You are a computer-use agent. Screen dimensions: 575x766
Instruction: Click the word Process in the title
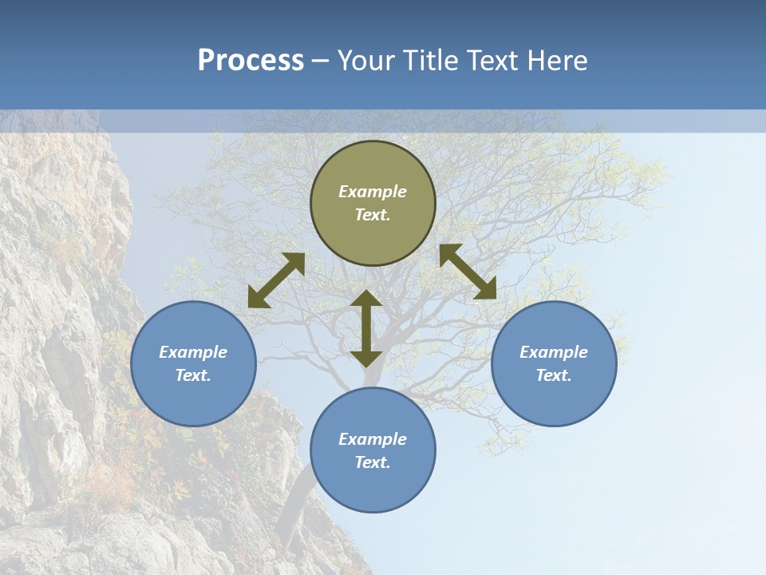pos(251,61)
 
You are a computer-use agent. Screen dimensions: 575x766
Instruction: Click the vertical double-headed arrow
pos(366,328)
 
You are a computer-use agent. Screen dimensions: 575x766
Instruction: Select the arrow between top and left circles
pos(276,280)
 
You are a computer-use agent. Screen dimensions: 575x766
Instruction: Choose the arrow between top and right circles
pos(468,272)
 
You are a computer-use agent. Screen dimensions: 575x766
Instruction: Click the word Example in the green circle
pos(373,192)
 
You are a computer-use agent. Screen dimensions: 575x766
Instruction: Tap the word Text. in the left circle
pos(193,375)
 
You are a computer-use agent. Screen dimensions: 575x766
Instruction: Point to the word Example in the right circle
pos(554,352)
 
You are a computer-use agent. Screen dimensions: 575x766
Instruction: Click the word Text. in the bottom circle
pos(373,462)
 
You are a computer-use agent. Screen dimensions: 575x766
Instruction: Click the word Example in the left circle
pos(193,352)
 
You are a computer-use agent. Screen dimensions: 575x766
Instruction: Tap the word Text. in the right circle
pos(554,375)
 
